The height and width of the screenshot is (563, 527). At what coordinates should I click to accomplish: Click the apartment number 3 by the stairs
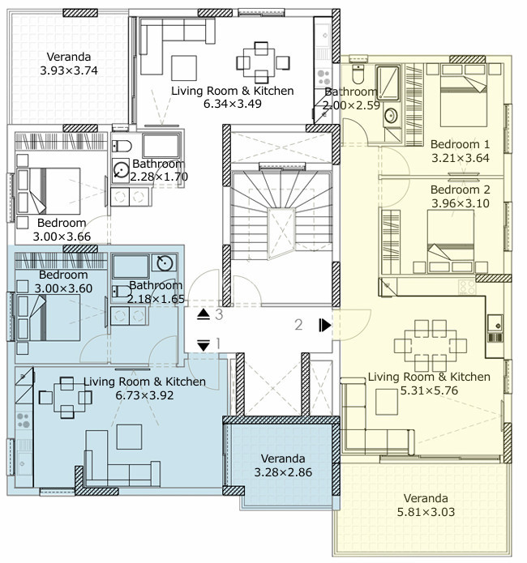(x=219, y=314)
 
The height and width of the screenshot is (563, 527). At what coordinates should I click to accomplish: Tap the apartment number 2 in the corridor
(x=298, y=325)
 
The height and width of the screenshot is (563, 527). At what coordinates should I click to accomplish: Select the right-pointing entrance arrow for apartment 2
(x=325, y=326)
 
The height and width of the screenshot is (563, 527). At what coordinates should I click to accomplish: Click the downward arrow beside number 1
(x=204, y=345)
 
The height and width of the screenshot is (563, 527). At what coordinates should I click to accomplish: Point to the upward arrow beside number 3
(x=204, y=314)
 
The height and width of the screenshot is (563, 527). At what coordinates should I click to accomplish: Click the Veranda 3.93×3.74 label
(x=69, y=63)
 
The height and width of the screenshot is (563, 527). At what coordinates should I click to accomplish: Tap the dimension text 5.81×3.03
(x=426, y=512)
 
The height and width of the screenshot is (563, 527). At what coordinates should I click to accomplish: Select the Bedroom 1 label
(x=460, y=144)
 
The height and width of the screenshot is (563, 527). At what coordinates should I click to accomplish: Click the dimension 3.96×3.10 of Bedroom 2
(x=461, y=203)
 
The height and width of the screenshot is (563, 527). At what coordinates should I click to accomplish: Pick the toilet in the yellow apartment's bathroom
(x=358, y=74)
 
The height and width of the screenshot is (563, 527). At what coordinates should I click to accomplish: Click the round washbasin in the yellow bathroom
(x=391, y=116)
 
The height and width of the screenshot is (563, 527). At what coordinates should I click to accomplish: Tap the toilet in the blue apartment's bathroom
(x=122, y=291)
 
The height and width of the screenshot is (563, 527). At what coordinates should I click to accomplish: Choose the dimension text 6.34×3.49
(x=232, y=104)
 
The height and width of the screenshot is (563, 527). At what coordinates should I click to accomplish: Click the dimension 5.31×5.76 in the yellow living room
(x=429, y=390)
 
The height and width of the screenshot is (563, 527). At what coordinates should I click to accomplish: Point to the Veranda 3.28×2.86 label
(x=283, y=465)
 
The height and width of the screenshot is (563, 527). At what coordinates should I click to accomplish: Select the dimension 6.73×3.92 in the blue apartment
(x=144, y=395)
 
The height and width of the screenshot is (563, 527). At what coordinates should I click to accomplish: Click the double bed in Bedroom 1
(x=464, y=96)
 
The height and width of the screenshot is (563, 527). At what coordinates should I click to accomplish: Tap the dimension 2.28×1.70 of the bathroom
(x=159, y=177)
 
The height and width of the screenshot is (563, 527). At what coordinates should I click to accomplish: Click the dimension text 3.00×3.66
(x=62, y=237)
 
